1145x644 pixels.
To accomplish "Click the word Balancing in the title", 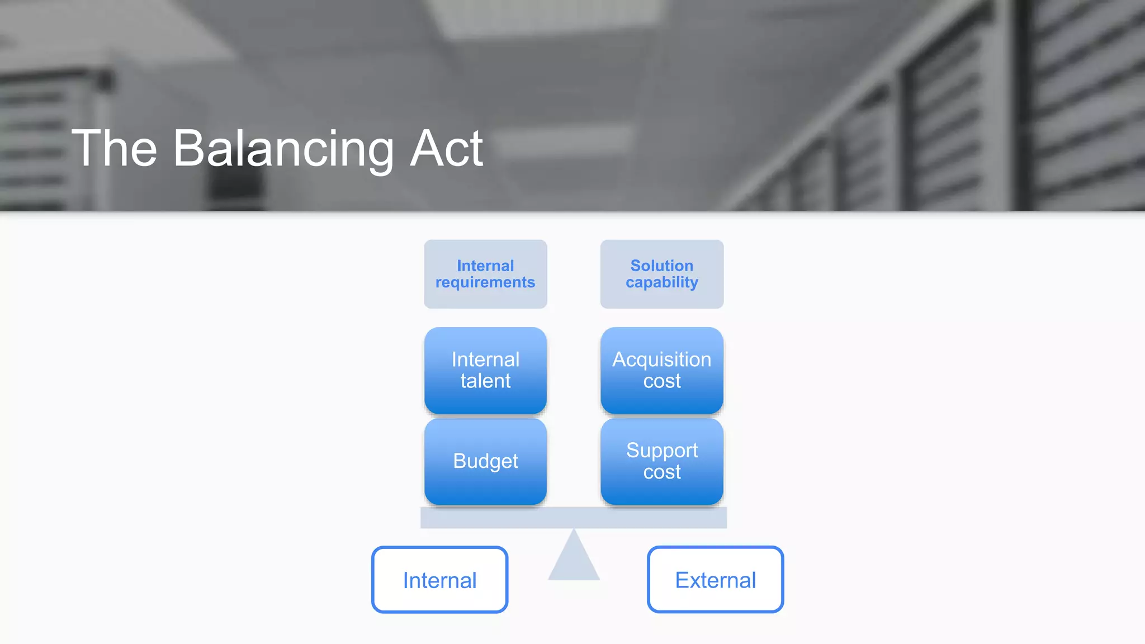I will coord(283,149).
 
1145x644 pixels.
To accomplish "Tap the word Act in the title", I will coord(446,149).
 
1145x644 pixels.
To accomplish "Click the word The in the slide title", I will coord(115,149).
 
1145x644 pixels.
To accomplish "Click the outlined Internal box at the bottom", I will coord(439,580).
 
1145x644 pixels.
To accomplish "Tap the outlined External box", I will coord(715,580).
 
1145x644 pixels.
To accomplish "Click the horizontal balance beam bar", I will coord(574,518).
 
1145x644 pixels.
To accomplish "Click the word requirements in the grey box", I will coord(485,283).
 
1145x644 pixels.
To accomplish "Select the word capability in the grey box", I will coord(662,283).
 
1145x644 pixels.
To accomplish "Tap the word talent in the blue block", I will coord(485,381).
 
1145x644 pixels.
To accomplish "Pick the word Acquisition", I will coord(662,359).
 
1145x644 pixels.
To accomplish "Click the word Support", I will coord(662,451).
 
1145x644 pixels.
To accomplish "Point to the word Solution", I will coord(662,266).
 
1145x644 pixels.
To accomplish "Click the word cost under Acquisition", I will coord(662,381).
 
